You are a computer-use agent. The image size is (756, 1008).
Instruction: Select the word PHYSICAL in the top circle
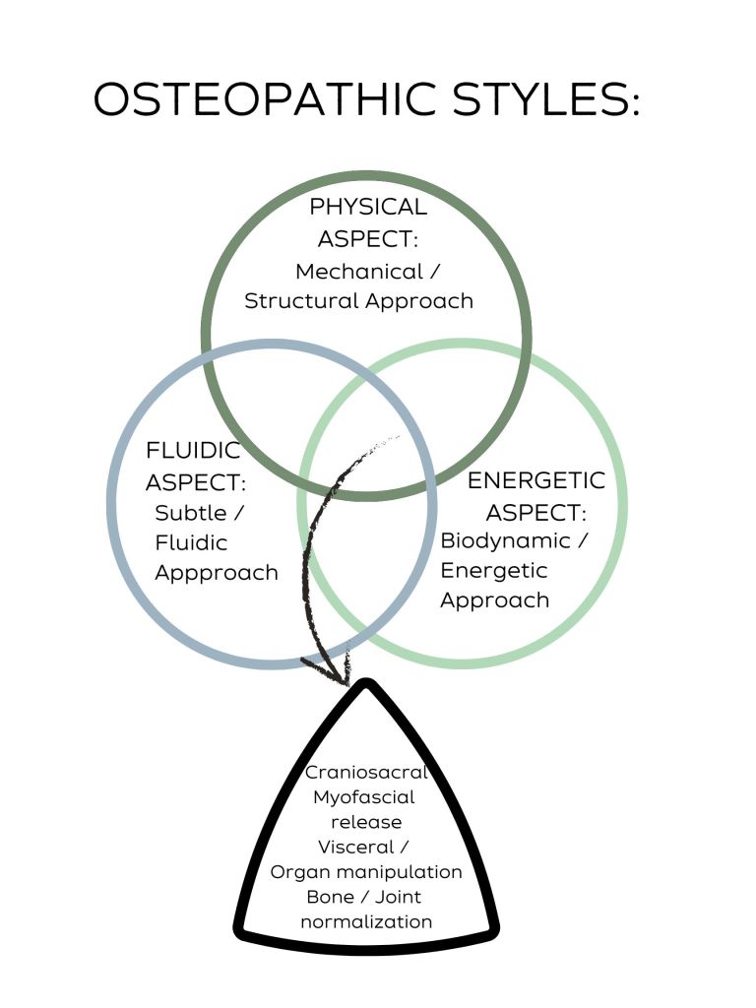[368, 207]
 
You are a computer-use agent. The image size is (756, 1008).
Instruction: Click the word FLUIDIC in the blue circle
[193, 451]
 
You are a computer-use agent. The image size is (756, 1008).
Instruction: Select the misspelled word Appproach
[217, 572]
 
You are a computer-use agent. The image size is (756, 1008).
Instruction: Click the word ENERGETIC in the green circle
[536, 480]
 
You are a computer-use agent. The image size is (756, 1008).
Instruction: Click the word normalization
[366, 921]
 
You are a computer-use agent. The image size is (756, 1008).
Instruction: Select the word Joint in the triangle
[398, 897]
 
